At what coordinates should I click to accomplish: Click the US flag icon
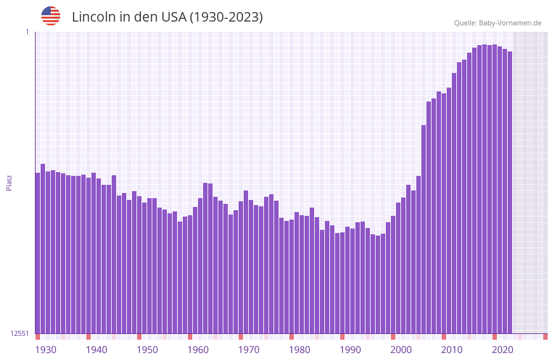[x=51, y=16]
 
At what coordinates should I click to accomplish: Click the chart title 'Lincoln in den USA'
[x=167, y=17]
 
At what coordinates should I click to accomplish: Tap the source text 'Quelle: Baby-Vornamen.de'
[x=498, y=23]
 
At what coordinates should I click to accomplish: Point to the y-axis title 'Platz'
[x=9, y=182]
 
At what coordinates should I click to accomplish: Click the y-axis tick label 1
[x=27, y=32]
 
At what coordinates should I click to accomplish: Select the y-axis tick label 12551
[x=20, y=333]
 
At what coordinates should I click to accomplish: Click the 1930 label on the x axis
[x=46, y=350]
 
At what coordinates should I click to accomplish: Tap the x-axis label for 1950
[x=147, y=350]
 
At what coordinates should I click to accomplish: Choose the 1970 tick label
[x=249, y=350]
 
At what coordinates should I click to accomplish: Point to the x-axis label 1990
[x=350, y=350]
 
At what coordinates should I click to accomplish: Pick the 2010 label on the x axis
[x=452, y=350]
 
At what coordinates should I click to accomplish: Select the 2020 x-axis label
[x=503, y=350]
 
